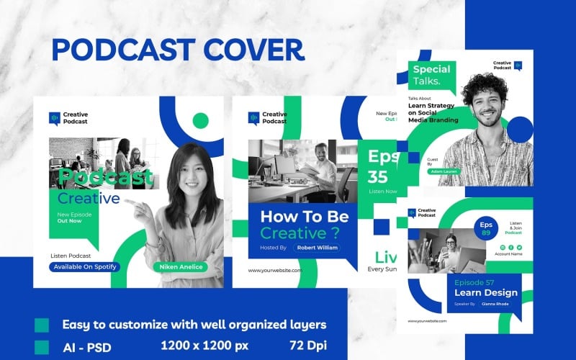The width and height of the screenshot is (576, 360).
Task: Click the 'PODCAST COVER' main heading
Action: pos(177,50)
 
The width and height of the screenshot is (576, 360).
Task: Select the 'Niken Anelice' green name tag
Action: pos(180,267)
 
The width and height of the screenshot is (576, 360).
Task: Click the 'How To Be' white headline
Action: pos(304,216)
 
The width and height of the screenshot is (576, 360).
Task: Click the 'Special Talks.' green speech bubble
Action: pos(431,75)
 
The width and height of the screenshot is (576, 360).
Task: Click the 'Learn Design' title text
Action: pos(485,292)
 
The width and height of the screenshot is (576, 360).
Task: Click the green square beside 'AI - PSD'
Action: pos(42,346)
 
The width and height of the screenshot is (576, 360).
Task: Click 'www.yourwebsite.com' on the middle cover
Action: pos(275,271)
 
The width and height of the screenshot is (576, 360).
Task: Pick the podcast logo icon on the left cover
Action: pos(54,118)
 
